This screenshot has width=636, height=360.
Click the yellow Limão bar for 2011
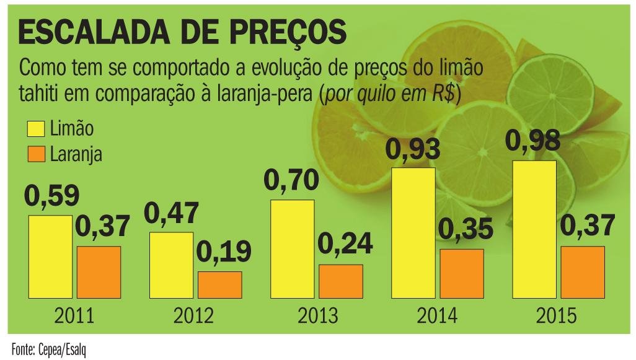click(50, 257)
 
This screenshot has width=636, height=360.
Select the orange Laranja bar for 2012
click(219, 284)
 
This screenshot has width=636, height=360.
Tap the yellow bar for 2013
click(293, 249)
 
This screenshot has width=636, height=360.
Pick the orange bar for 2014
click(461, 273)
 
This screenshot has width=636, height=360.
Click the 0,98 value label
click(533, 141)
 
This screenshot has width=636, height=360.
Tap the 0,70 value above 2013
click(291, 180)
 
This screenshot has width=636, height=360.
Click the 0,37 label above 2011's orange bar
click(103, 226)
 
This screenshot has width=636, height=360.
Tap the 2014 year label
click(437, 316)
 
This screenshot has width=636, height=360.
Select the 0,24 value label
click(345, 244)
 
